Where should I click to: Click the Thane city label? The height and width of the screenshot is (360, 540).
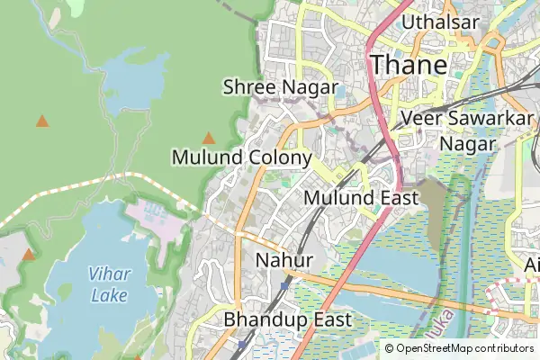(x=409, y=65)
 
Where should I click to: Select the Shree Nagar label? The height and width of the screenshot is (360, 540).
(x=280, y=87)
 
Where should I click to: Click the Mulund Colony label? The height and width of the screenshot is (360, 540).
(x=241, y=157)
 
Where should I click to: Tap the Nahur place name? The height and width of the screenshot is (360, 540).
(x=283, y=260)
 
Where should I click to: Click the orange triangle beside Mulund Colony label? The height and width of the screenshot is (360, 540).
(x=209, y=139)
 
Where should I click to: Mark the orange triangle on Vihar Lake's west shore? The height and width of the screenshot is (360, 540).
(x=29, y=255)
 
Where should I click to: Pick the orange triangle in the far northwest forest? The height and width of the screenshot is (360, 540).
(x=41, y=121)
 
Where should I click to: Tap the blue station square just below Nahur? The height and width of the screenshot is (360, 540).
(x=283, y=285)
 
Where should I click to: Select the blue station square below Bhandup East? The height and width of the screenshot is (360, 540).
(x=242, y=344)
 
